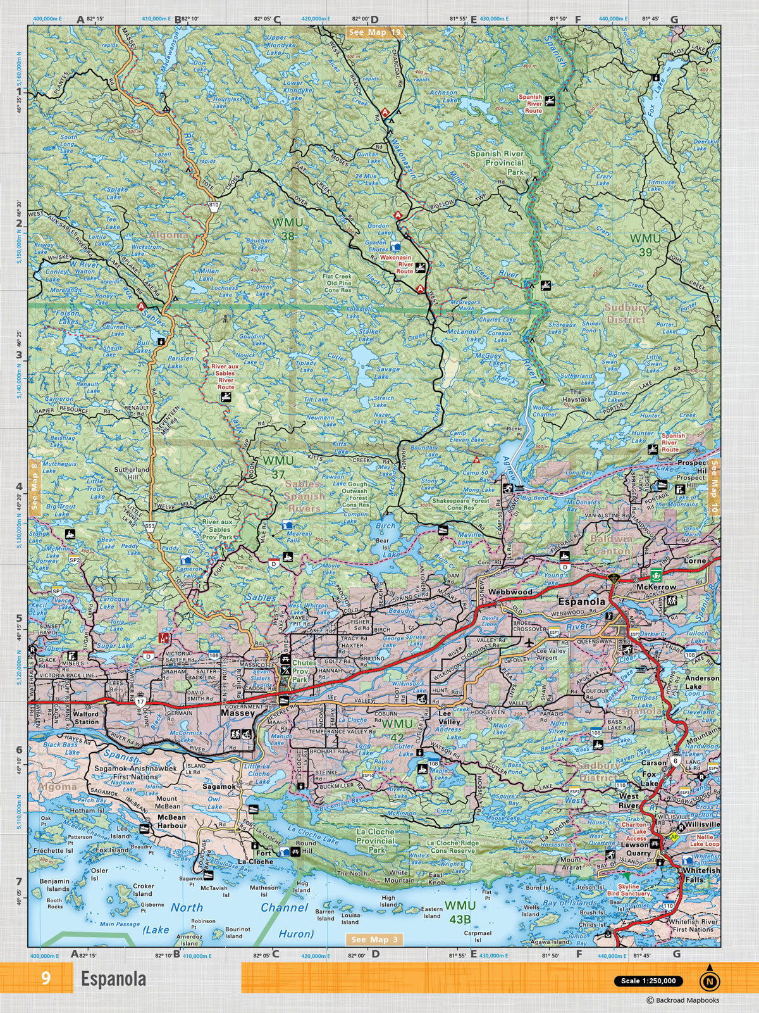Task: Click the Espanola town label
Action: click(581, 601)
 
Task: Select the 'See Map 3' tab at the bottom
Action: click(375, 940)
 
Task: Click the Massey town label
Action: click(238, 713)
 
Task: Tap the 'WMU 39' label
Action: click(645, 245)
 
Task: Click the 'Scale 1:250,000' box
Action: click(648, 981)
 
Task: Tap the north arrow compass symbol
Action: click(710, 979)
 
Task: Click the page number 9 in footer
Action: click(46, 979)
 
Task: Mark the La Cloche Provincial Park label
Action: click(376, 840)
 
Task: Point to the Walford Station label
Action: click(86, 717)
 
